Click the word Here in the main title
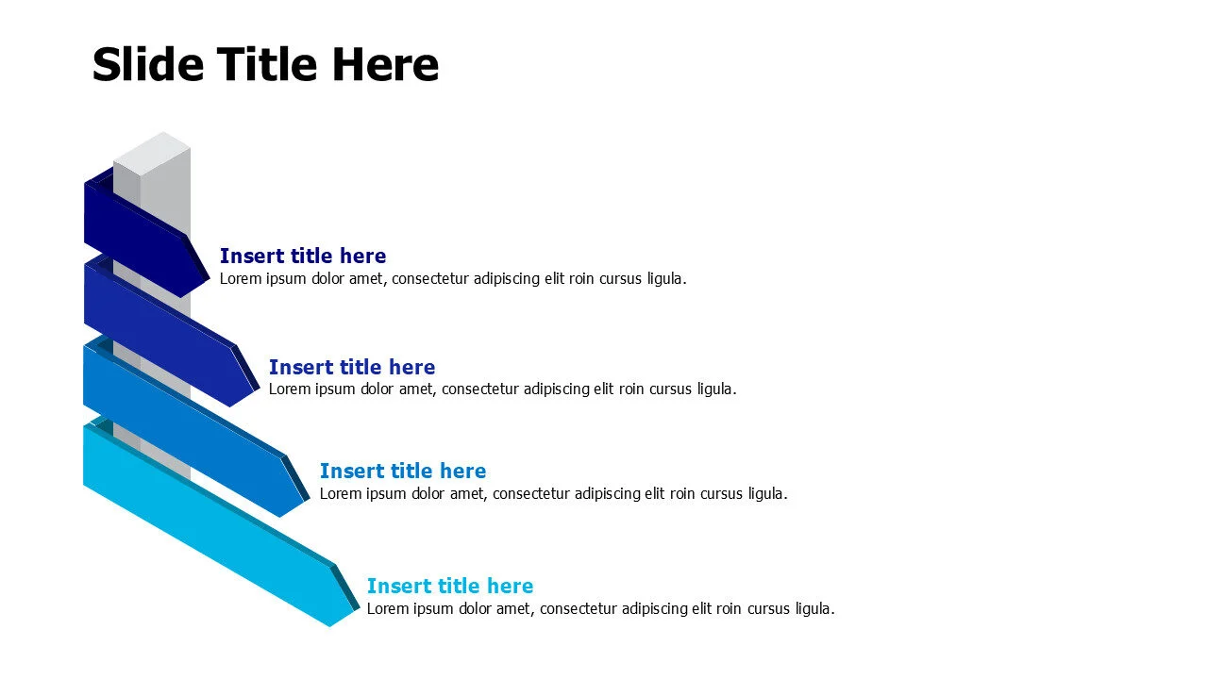385,65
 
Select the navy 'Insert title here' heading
303,256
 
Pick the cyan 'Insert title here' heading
450,586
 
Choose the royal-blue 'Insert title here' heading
352,367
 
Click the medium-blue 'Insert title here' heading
403,471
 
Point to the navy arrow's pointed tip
209,279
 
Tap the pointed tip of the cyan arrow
358,609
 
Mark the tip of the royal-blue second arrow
258,389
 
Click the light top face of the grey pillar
152,152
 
